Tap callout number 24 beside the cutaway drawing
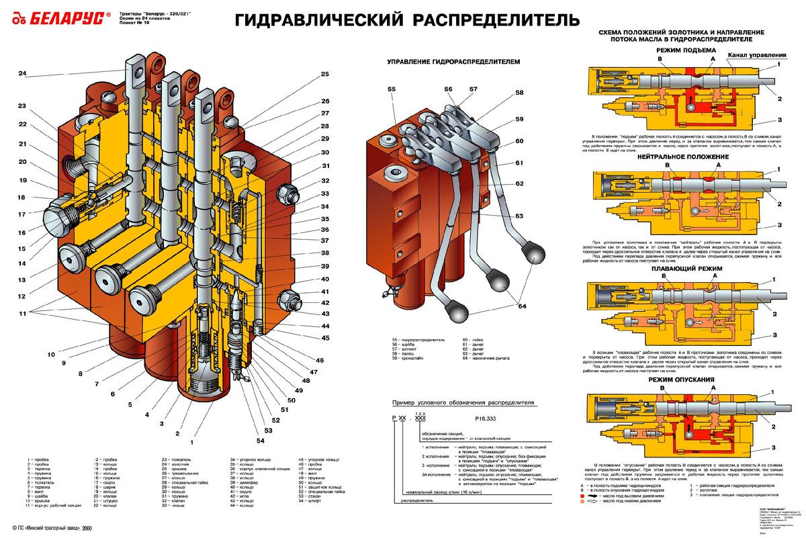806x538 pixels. (22, 73)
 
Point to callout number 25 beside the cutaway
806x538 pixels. (325, 74)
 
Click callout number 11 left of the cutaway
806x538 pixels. (23, 313)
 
